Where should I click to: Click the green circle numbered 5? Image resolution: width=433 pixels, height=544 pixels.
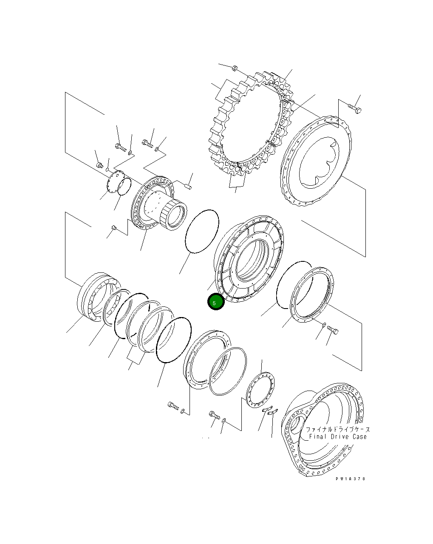coord(216,302)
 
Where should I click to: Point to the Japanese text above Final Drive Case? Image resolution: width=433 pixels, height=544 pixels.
coord(338,430)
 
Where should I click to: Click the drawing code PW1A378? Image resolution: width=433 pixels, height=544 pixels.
coord(350,479)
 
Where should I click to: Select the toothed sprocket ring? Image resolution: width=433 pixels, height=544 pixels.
coord(252,123)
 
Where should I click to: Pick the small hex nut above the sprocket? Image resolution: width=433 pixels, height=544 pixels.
coord(235,68)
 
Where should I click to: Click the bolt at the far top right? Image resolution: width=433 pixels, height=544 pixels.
coord(355,109)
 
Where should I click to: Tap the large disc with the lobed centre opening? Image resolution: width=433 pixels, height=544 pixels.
coord(315,161)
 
